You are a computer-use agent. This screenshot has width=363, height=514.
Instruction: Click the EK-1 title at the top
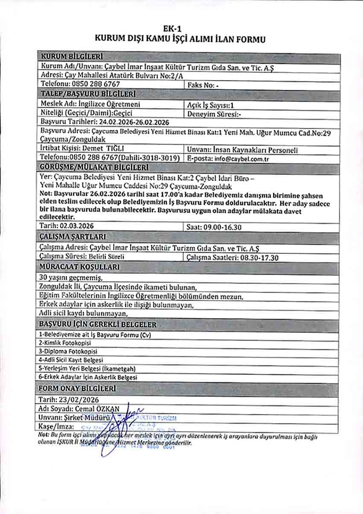(x=181, y=29)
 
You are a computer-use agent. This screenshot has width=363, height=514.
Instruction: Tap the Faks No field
(x=203, y=85)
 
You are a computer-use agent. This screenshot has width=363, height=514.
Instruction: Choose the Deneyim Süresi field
(x=215, y=114)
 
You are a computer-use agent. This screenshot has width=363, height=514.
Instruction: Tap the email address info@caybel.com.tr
(x=237, y=159)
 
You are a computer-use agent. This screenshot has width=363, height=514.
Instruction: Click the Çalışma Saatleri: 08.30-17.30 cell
(x=233, y=258)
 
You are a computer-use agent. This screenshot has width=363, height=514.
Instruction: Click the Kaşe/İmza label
(x=56, y=426)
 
